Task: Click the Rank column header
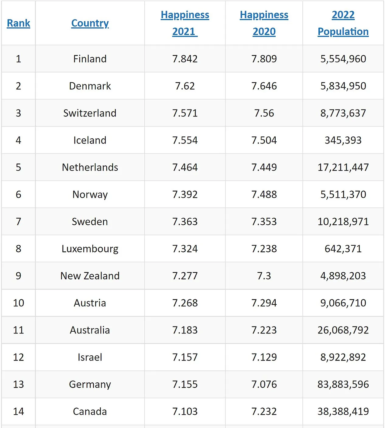(x=19, y=23)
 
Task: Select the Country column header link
(x=90, y=23)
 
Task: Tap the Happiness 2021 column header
(x=185, y=23)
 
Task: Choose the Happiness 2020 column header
(x=264, y=23)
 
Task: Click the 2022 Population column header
(x=343, y=23)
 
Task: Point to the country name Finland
(x=90, y=59)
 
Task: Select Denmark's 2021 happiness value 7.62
(x=185, y=86)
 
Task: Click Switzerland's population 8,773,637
(x=343, y=113)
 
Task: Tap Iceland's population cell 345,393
(x=343, y=140)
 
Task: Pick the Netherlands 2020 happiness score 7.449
(x=264, y=167)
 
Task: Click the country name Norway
(x=90, y=195)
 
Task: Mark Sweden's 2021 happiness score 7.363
(x=185, y=222)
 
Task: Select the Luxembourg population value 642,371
(x=343, y=249)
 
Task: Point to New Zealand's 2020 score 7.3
(x=264, y=276)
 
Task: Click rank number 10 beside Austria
(x=19, y=303)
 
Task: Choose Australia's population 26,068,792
(x=343, y=330)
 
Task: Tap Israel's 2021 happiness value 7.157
(x=185, y=357)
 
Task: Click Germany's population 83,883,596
(x=343, y=384)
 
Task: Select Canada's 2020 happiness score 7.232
(x=264, y=411)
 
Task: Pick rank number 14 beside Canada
(x=19, y=411)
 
